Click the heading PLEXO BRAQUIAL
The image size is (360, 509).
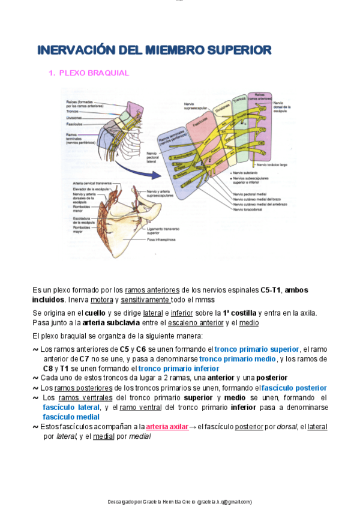94,73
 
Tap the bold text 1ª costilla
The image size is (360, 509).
239,313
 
